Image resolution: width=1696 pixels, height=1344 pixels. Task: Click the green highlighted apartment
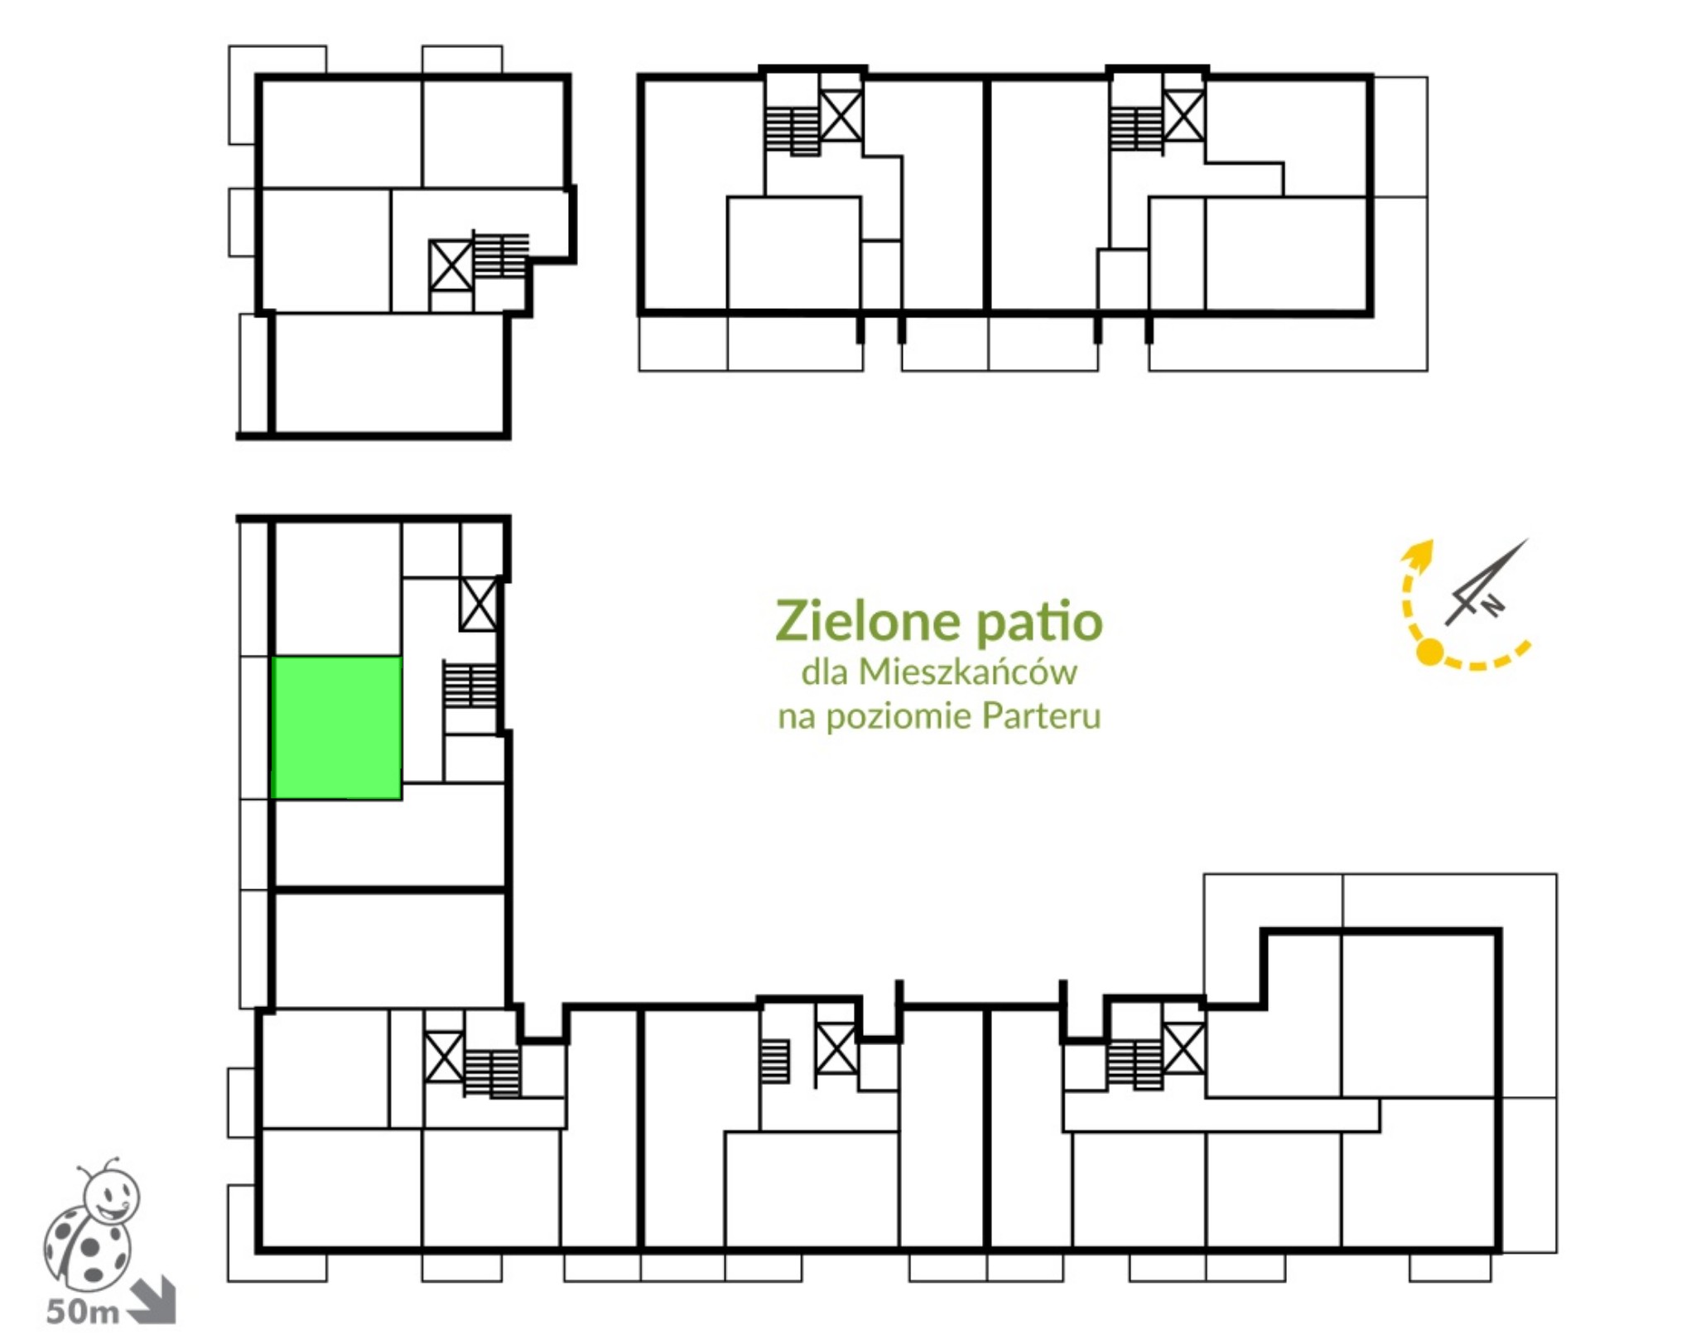[x=336, y=728]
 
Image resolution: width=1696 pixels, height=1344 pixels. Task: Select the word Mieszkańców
[x=967, y=672]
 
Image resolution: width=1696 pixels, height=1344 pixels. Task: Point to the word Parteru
[x=1042, y=715]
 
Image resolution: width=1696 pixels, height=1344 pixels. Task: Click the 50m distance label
[x=82, y=1312]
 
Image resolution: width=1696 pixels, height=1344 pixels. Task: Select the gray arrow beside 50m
[x=154, y=1302]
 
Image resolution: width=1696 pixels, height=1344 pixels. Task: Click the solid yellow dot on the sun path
[x=1430, y=653]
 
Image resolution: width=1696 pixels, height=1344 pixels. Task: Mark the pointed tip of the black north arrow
[x=1529, y=539]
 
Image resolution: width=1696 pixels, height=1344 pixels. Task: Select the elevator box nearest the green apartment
[x=479, y=605]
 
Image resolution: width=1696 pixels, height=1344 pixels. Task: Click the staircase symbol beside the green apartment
[x=470, y=685]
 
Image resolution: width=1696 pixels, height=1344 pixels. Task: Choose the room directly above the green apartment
[x=337, y=589]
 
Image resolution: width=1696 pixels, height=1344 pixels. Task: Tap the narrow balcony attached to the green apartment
[x=255, y=728]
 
